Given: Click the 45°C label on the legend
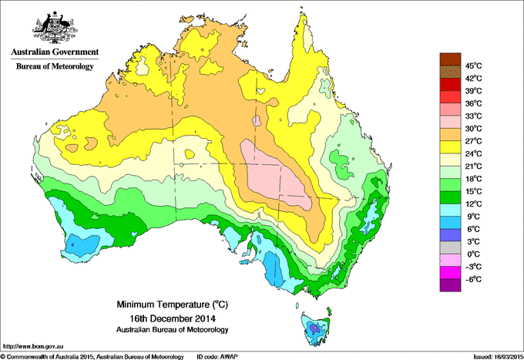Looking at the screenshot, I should pyautogui.click(x=473, y=66).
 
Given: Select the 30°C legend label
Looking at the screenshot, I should pyautogui.click(x=473, y=128).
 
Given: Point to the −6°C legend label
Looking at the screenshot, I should pyautogui.click(x=473, y=279).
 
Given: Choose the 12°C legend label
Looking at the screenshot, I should pyautogui.click(x=473, y=204).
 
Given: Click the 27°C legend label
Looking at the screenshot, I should pyautogui.click(x=473, y=141).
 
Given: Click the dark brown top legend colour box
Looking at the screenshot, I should pyautogui.click(x=449, y=59).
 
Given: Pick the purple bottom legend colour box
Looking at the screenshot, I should pyautogui.click(x=449, y=285).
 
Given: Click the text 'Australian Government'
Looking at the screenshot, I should pyautogui.click(x=54, y=52).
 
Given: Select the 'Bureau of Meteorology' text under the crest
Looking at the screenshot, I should pyautogui.click(x=54, y=67).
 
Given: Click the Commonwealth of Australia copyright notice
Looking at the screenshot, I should pyautogui.click(x=92, y=356).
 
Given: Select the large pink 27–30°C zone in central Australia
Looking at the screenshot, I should pyautogui.click(x=277, y=174).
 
